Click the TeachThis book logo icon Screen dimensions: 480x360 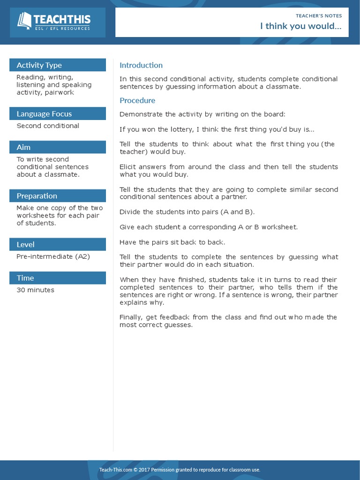pos(24,21)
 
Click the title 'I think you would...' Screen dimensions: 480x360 pos(301,26)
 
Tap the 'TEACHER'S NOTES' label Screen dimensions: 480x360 pos(319,15)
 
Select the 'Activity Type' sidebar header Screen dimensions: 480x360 pos(39,65)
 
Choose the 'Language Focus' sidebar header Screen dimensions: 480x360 pos(44,114)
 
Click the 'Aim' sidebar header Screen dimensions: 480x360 pos(23,147)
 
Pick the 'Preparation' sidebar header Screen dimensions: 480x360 pos(37,196)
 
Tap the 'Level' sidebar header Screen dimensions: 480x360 pos(25,245)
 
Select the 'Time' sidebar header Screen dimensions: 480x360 pos(25,278)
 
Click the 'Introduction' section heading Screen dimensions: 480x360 pos(141,65)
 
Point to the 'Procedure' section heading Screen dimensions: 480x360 pos(137,100)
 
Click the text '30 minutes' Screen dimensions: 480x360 pos(35,290)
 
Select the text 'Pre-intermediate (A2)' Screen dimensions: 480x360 pos(53,256)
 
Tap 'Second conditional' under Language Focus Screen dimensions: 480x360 pos(48,126)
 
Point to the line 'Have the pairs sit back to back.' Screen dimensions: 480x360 pos(172,242)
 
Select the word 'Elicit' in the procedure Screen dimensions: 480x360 pos(127,167)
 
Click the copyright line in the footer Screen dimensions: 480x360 pos(180,470)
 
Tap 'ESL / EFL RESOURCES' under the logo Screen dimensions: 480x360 pos(62,29)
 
